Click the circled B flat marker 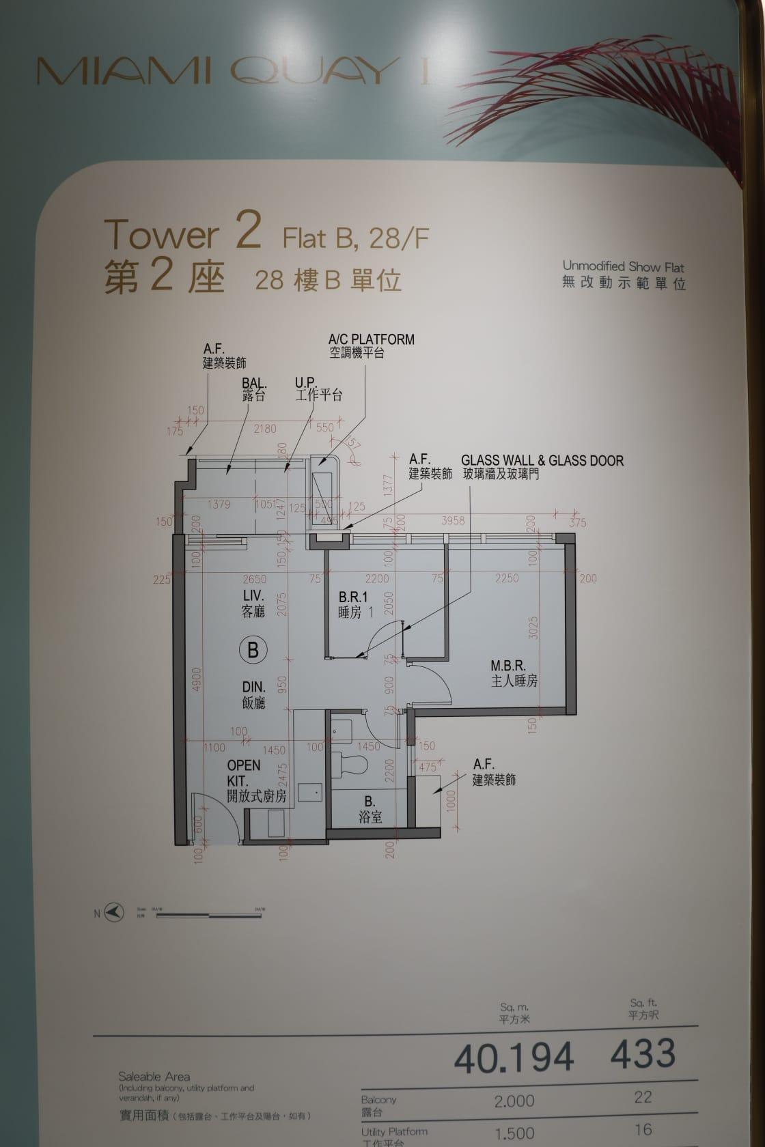(x=253, y=649)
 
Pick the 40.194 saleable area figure (x=514, y=1058)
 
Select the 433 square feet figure (x=642, y=1053)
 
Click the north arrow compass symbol (x=114, y=912)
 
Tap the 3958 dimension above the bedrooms (x=453, y=520)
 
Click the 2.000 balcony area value (x=514, y=1101)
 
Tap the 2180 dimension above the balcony (x=265, y=429)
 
